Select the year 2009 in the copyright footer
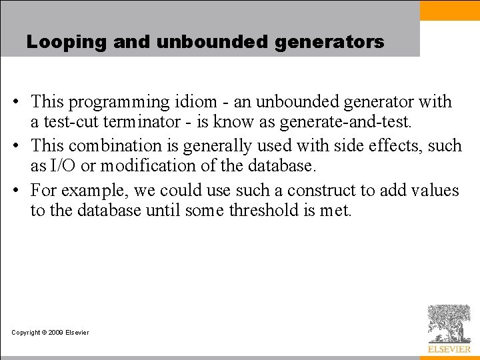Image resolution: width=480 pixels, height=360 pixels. [56, 333]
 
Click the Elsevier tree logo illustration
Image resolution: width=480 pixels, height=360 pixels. [449, 323]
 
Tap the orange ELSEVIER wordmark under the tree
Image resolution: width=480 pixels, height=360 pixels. [449, 349]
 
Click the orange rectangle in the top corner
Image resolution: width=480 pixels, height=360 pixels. [450, 10]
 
